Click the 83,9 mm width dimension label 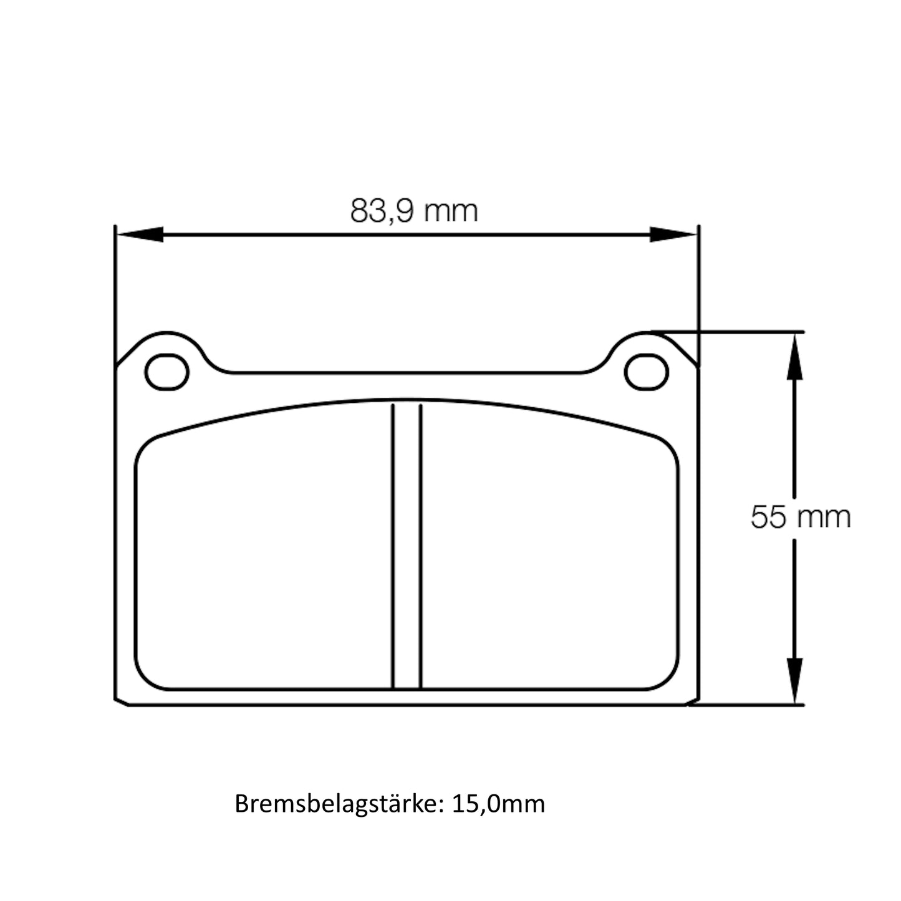413,211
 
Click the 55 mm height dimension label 800,517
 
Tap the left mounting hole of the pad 166,372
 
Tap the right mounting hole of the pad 647,372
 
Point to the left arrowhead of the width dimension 140,234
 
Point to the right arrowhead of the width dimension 672,234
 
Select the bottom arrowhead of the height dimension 794,680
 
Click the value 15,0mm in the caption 498,804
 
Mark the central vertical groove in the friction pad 407,546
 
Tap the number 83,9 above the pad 382,211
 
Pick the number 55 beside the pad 768,517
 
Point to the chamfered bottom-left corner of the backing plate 122,701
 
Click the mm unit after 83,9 451,211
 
